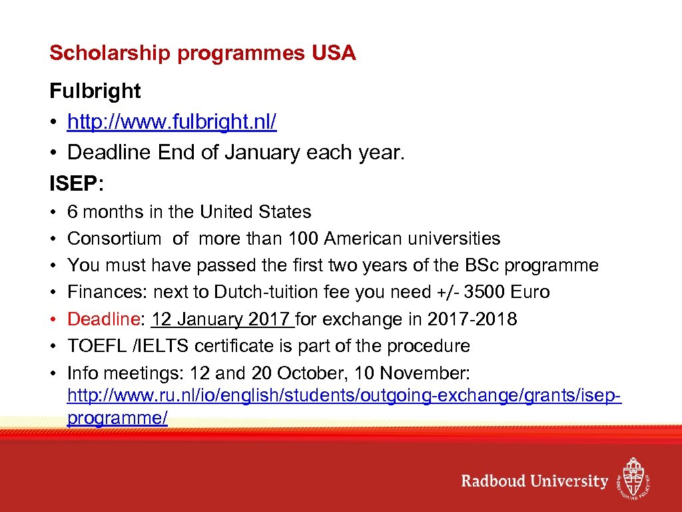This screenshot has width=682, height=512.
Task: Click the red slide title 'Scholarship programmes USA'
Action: coord(202,53)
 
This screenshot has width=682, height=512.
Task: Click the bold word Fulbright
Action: coord(95,91)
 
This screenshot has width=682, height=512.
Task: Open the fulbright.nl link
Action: coord(172,122)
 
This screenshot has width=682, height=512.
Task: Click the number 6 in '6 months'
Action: coord(73,212)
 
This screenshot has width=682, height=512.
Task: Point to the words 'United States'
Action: coord(256,212)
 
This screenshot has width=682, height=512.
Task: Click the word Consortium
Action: coord(114,239)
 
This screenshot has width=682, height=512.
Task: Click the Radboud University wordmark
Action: coord(535,481)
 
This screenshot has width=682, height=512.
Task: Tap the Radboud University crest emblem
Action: coord(632,477)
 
